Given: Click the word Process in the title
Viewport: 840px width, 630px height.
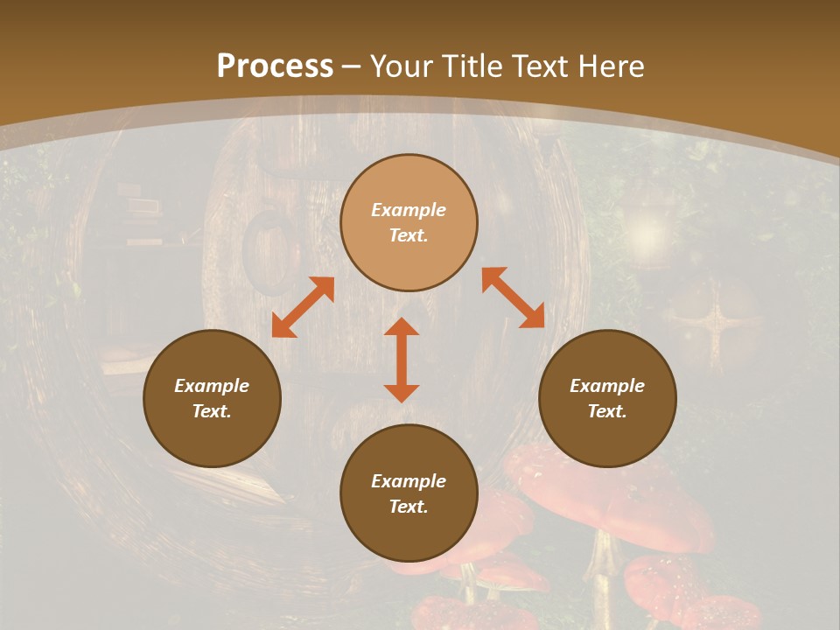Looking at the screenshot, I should click(275, 66).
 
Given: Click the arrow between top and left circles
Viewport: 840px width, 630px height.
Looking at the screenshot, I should click(303, 307).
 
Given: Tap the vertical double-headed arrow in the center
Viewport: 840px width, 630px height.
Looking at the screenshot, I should click(402, 360).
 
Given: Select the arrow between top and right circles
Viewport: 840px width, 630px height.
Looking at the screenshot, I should click(513, 297).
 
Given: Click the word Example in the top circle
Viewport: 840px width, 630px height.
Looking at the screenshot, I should click(409, 210).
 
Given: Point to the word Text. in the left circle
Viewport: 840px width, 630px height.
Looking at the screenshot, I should click(212, 411).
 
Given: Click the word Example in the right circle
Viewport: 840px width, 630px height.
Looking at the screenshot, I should click(607, 386).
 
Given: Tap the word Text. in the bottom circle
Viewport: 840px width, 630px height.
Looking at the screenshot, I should click(409, 507).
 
